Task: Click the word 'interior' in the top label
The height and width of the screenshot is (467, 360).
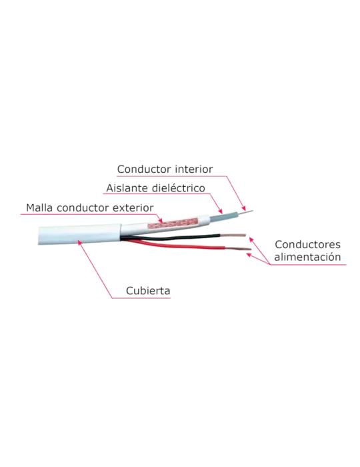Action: click(x=194, y=169)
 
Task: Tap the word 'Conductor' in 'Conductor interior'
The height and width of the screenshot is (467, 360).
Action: click(x=145, y=169)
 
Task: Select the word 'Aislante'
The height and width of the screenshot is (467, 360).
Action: click(x=127, y=188)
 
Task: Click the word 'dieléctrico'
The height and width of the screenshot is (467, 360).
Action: click(x=178, y=188)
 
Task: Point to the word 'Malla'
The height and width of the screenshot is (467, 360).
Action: click(x=39, y=207)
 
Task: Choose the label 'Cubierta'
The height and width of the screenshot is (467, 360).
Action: click(x=148, y=290)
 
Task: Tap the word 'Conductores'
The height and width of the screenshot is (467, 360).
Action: click(x=307, y=245)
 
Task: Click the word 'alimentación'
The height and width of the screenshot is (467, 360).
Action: click(x=307, y=257)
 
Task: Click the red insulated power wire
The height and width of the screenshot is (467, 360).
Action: click(x=175, y=246)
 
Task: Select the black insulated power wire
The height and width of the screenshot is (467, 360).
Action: click(x=173, y=238)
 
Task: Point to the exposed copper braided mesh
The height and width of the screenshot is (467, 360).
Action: click(x=173, y=223)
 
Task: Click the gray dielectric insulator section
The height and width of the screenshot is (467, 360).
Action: click(x=224, y=216)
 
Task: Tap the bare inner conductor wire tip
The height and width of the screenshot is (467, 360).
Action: click(x=246, y=212)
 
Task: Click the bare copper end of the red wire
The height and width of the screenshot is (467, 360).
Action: click(x=238, y=248)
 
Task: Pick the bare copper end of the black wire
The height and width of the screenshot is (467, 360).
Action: click(x=233, y=235)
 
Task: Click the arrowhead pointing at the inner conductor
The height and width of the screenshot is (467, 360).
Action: click(x=243, y=208)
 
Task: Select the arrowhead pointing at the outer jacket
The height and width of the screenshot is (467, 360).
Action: click(x=80, y=242)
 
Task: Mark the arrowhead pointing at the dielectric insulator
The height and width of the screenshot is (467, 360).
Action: click(x=220, y=211)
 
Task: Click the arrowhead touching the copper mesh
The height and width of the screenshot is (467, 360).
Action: click(x=161, y=221)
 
